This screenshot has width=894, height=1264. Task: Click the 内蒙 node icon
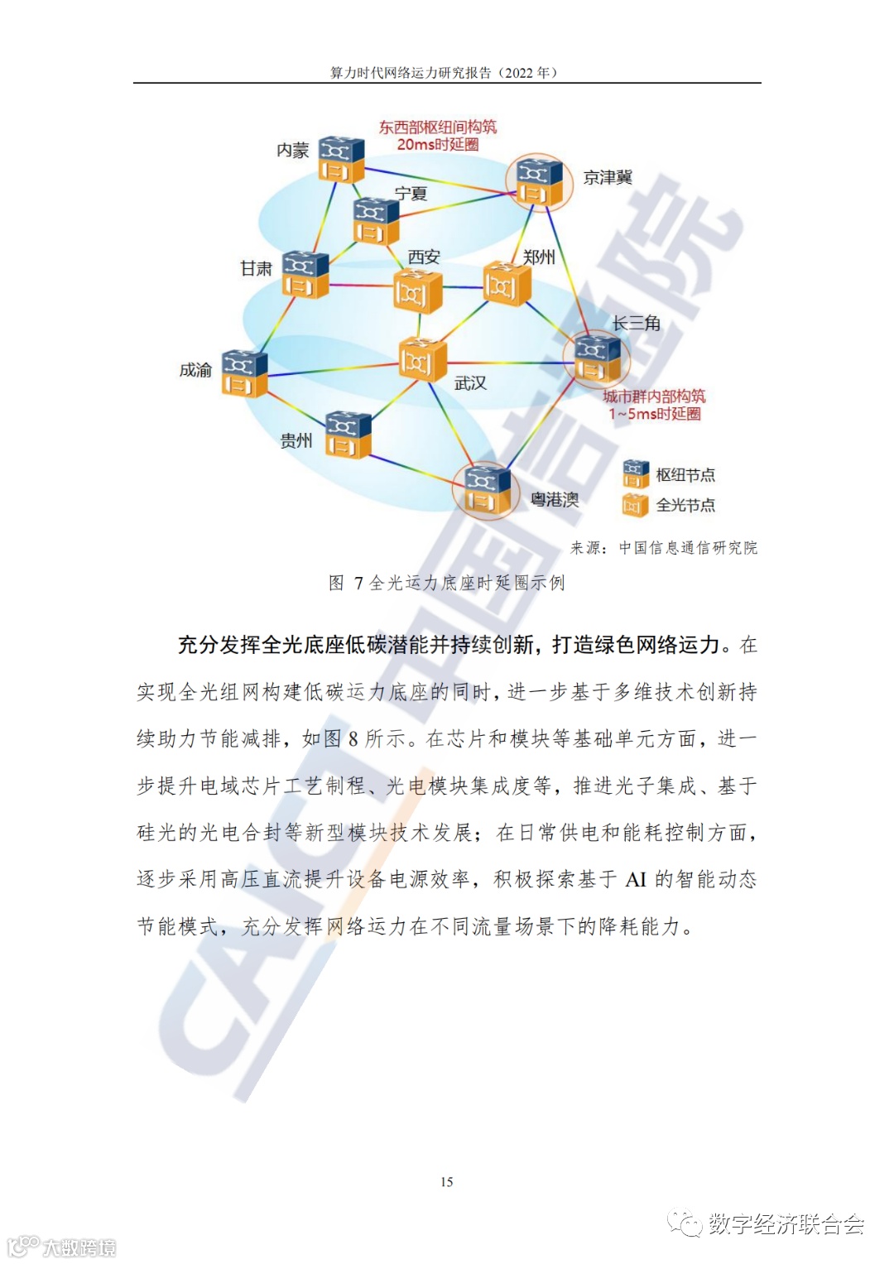point(341,159)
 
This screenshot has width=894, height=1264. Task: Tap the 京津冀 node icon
point(539,182)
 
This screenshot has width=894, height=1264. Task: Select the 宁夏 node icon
point(375,221)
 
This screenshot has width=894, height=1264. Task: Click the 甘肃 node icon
point(305,274)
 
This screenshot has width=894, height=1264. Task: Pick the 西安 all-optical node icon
point(417,291)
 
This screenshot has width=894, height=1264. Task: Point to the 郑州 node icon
point(506,284)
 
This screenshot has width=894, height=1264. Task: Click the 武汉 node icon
point(422,360)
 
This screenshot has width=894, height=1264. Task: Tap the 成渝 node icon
point(244,373)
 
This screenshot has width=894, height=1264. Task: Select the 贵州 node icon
point(348,435)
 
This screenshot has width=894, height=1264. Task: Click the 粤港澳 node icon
point(486,491)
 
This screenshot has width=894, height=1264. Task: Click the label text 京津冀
point(608,178)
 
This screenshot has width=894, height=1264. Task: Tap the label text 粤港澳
point(555,500)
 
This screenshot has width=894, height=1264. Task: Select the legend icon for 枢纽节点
point(635,474)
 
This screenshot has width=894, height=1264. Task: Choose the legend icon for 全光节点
point(635,505)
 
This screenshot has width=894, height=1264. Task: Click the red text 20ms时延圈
point(437,145)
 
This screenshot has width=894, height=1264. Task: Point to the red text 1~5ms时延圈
point(654,414)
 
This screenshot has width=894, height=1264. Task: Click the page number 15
point(447,1182)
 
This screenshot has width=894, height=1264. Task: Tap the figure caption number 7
point(358,584)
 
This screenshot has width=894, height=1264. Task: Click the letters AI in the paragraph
point(635,880)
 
